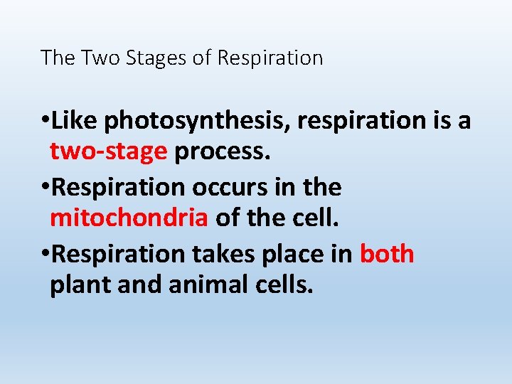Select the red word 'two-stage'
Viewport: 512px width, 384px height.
click(108, 151)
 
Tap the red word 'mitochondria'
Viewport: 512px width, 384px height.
click(129, 218)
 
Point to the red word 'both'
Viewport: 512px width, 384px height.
click(387, 254)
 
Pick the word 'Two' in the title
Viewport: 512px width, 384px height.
click(102, 58)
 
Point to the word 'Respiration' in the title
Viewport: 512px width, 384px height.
click(270, 58)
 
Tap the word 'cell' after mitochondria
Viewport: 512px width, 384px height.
click(316, 218)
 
